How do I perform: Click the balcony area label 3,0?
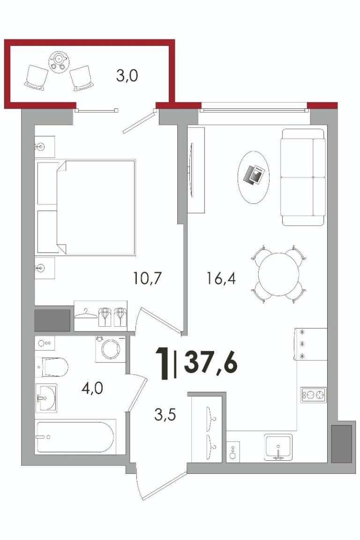tap(127, 75)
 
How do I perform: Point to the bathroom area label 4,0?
tap(92, 389)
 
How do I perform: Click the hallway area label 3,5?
tap(165, 415)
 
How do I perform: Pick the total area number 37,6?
tap(211, 364)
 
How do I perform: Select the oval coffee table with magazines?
tap(254, 177)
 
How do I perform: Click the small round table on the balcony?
tap(60, 62)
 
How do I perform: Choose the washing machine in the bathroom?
tap(110, 349)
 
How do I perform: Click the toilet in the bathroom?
tap(52, 367)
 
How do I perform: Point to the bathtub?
tap(75, 437)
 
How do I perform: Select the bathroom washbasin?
tap(46, 398)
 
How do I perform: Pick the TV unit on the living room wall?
tap(195, 170)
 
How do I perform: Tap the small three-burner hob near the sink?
tap(313, 395)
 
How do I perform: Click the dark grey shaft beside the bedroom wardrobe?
tap(52, 321)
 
